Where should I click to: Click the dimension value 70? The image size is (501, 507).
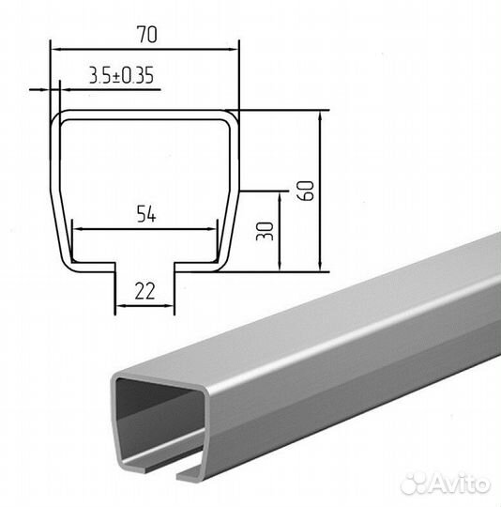click(147, 35)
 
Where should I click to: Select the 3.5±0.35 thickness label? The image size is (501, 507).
click(121, 76)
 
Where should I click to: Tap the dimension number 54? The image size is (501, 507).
click(146, 214)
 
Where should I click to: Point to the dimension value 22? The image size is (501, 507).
click(145, 291)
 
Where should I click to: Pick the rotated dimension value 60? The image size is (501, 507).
click(307, 191)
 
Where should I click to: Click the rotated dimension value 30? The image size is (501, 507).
click(265, 231)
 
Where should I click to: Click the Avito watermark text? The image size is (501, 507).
click(460, 484)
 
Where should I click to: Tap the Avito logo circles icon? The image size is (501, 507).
click(414, 484)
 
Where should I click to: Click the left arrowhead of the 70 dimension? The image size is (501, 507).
click(55, 50)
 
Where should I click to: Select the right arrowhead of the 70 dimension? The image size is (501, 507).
click(234, 50)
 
